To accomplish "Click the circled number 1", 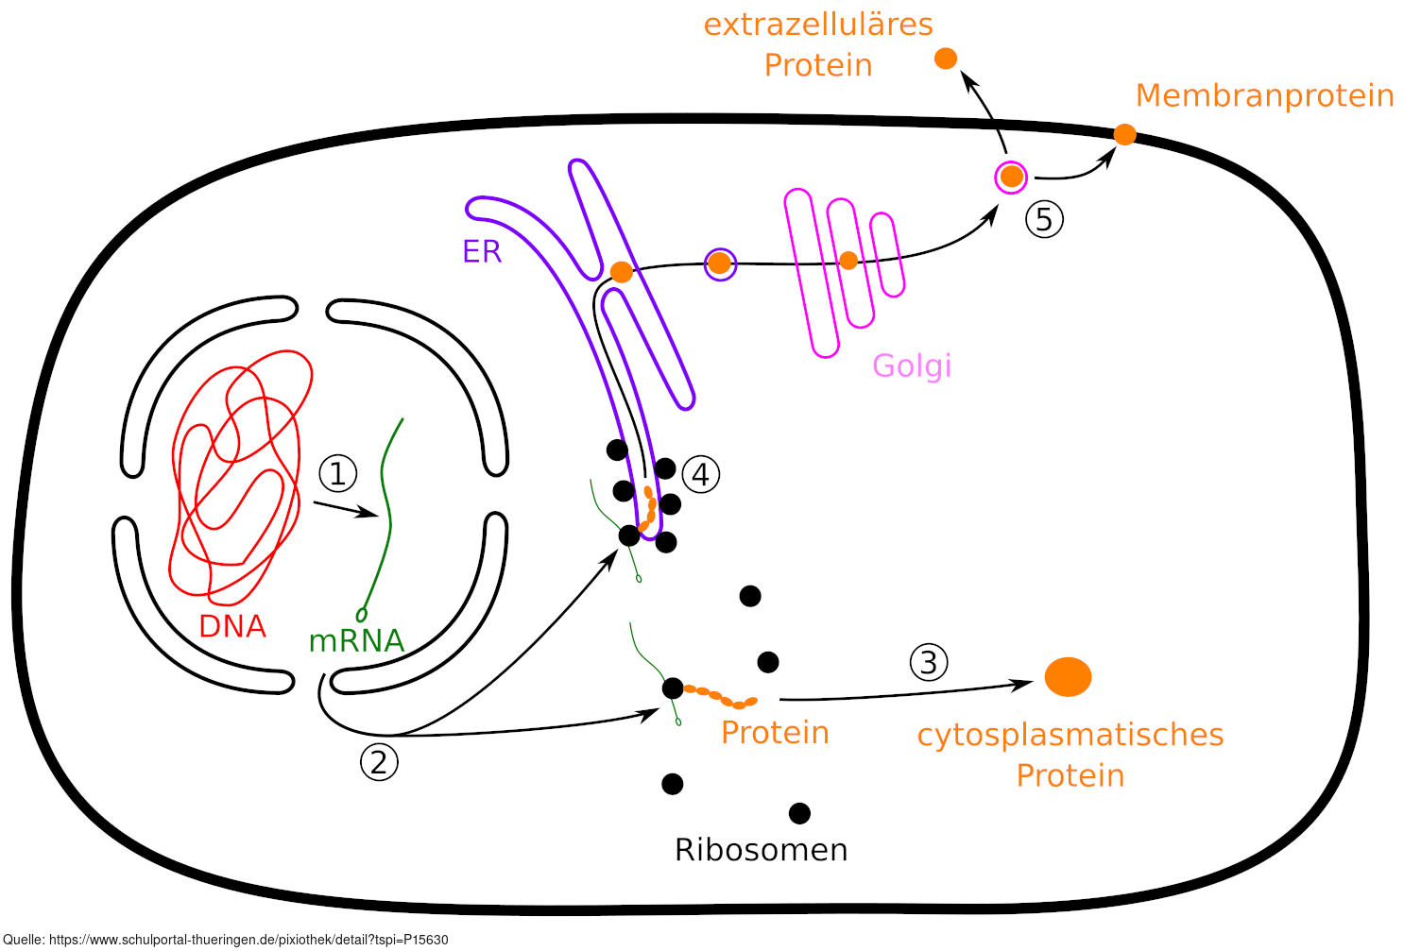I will click(x=338, y=473).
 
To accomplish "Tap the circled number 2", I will click(x=379, y=762).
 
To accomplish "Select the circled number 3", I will click(x=929, y=663).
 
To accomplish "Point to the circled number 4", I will click(x=700, y=474).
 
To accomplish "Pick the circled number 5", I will click(x=1044, y=219).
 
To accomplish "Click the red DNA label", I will click(x=232, y=626).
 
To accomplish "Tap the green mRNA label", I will click(x=356, y=641).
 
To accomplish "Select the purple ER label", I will click(x=482, y=251).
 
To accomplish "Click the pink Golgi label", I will click(x=912, y=365).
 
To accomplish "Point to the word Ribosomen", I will click(x=761, y=850).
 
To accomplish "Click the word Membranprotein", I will click(x=1264, y=95).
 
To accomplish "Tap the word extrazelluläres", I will click(x=818, y=25).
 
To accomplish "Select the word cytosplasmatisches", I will click(x=1070, y=735).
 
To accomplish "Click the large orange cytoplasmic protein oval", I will click(x=1068, y=677).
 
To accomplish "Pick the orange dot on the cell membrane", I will click(x=1124, y=135).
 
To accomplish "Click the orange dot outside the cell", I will click(x=945, y=59).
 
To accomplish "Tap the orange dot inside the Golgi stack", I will click(x=848, y=261).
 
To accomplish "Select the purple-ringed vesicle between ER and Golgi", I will click(x=720, y=263).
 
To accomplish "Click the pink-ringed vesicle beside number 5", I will click(x=1012, y=177).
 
